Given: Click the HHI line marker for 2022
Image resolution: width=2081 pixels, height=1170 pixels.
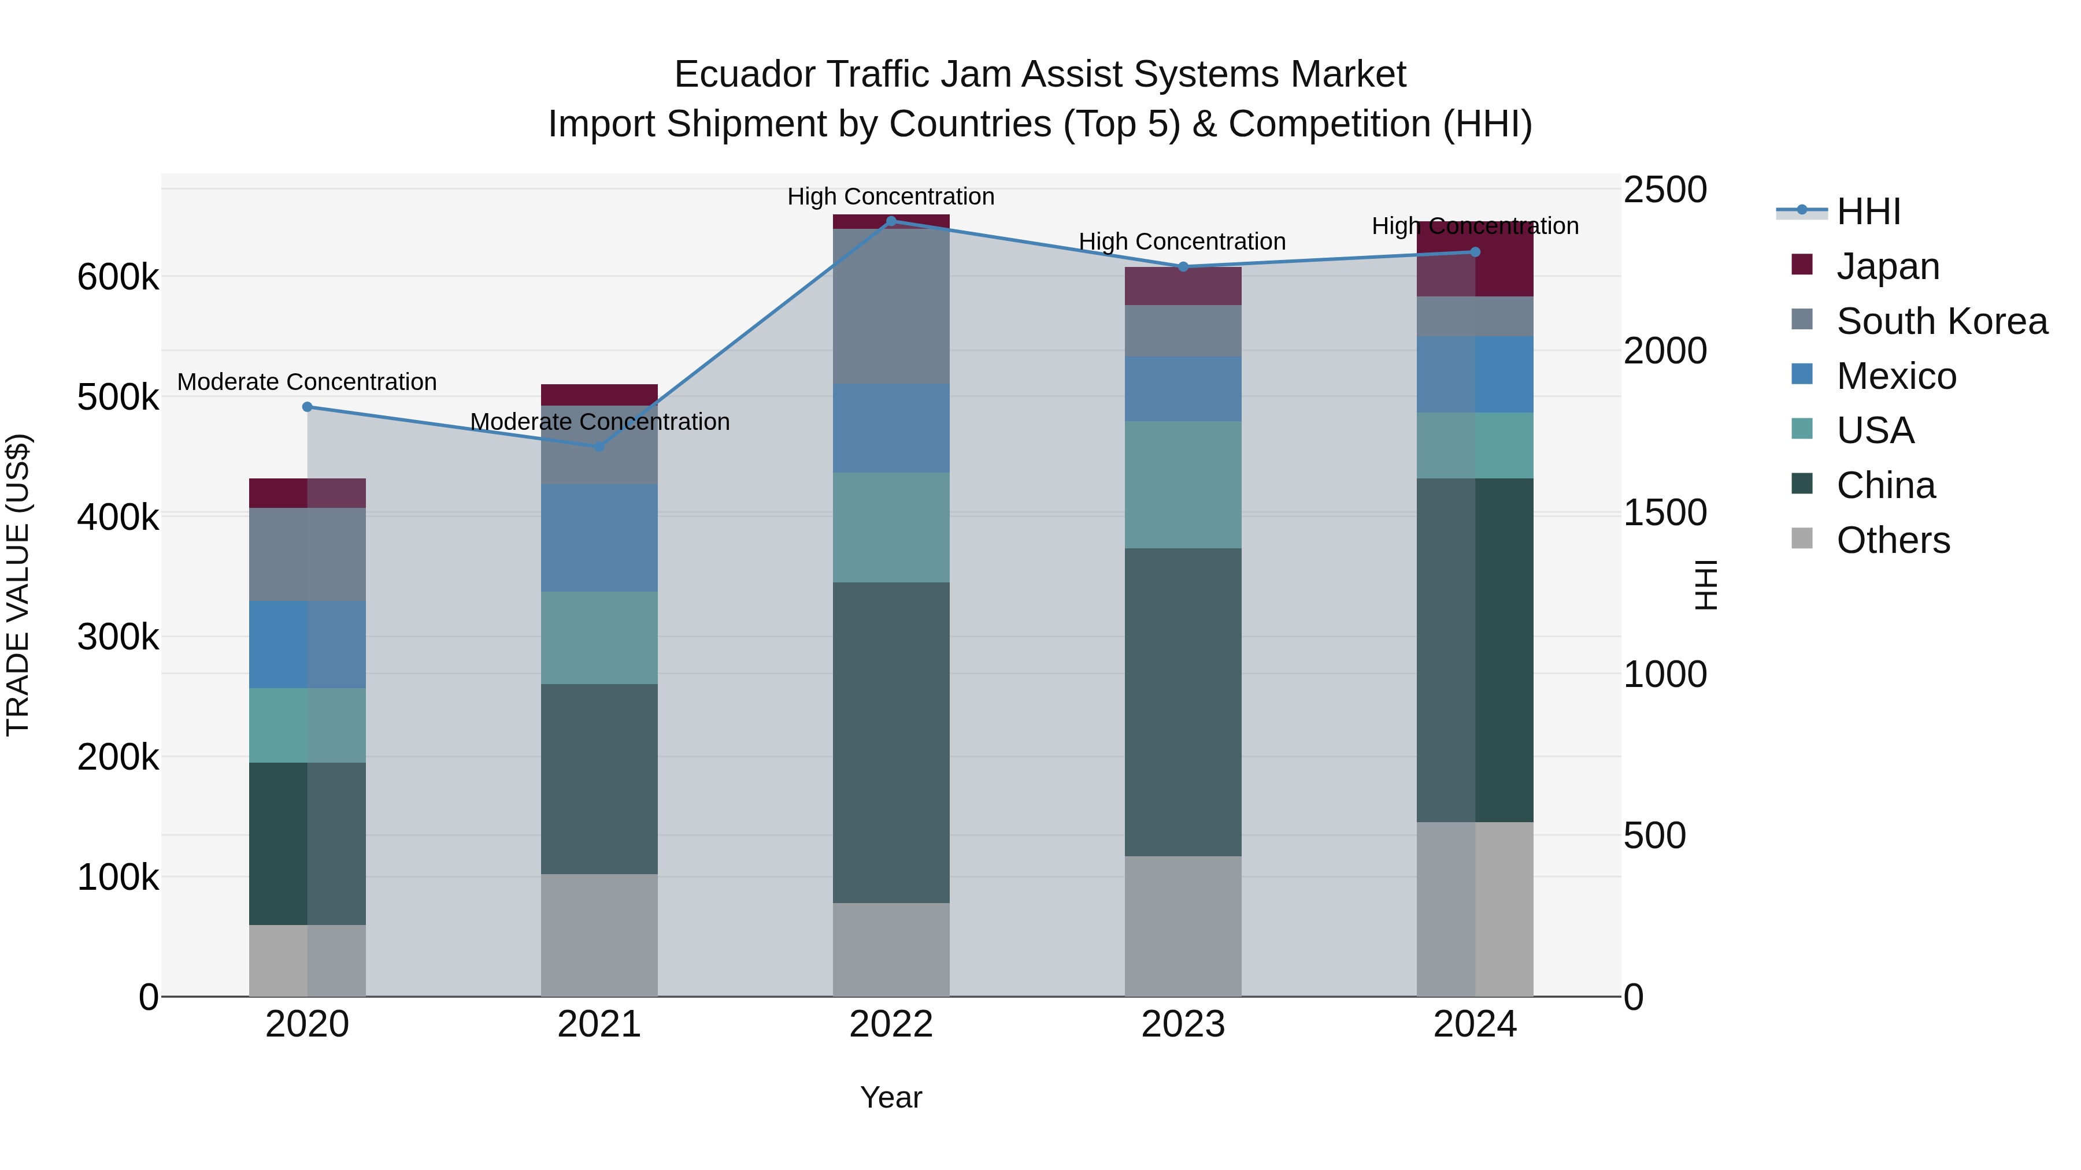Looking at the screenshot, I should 891,221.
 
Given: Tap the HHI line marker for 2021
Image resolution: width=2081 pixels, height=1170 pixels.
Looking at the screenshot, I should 599,447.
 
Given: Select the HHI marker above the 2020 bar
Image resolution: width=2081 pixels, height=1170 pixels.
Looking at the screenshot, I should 307,407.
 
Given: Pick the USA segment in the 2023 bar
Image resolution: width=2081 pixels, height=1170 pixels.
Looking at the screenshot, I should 1183,485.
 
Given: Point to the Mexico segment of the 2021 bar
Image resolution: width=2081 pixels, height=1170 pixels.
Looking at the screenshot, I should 599,538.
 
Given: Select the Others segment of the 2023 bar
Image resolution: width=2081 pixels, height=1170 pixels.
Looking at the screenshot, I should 1183,926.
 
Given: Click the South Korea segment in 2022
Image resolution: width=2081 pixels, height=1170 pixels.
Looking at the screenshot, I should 891,306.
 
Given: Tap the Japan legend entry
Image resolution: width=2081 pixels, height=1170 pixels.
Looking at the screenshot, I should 1887,266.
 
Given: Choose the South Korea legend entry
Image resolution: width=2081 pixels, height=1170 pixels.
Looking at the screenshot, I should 1941,321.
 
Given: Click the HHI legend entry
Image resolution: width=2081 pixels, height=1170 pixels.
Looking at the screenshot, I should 1868,211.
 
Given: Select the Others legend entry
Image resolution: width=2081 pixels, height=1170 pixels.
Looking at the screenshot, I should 1893,540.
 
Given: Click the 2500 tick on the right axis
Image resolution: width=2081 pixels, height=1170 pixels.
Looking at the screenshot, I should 1665,191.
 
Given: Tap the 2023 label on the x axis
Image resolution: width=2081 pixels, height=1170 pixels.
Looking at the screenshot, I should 1183,1024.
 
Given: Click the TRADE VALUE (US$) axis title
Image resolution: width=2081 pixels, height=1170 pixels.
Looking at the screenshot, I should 18,585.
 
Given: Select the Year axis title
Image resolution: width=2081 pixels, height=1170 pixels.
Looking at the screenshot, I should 891,1097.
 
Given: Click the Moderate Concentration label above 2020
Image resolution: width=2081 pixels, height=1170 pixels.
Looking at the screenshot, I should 307,382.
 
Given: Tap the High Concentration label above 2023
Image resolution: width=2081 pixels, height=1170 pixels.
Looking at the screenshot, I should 1182,242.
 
